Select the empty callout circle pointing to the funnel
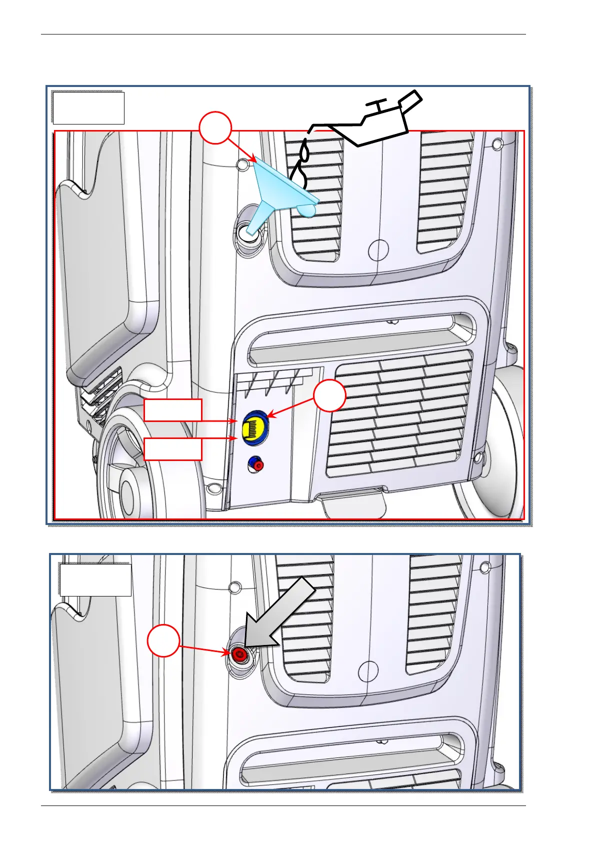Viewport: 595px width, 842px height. click(215, 128)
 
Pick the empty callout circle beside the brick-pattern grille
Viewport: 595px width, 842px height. click(330, 396)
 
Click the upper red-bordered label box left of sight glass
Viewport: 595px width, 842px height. click(173, 410)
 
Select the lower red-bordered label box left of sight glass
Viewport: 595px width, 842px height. click(173, 449)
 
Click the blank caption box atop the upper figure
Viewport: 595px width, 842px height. click(88, 107)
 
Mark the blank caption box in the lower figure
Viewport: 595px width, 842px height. click(95, 580)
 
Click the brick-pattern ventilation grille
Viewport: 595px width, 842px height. click(400, 415)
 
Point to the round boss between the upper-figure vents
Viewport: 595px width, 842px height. click(378, 248)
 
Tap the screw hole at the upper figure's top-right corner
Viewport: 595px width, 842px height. click(497, 144)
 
